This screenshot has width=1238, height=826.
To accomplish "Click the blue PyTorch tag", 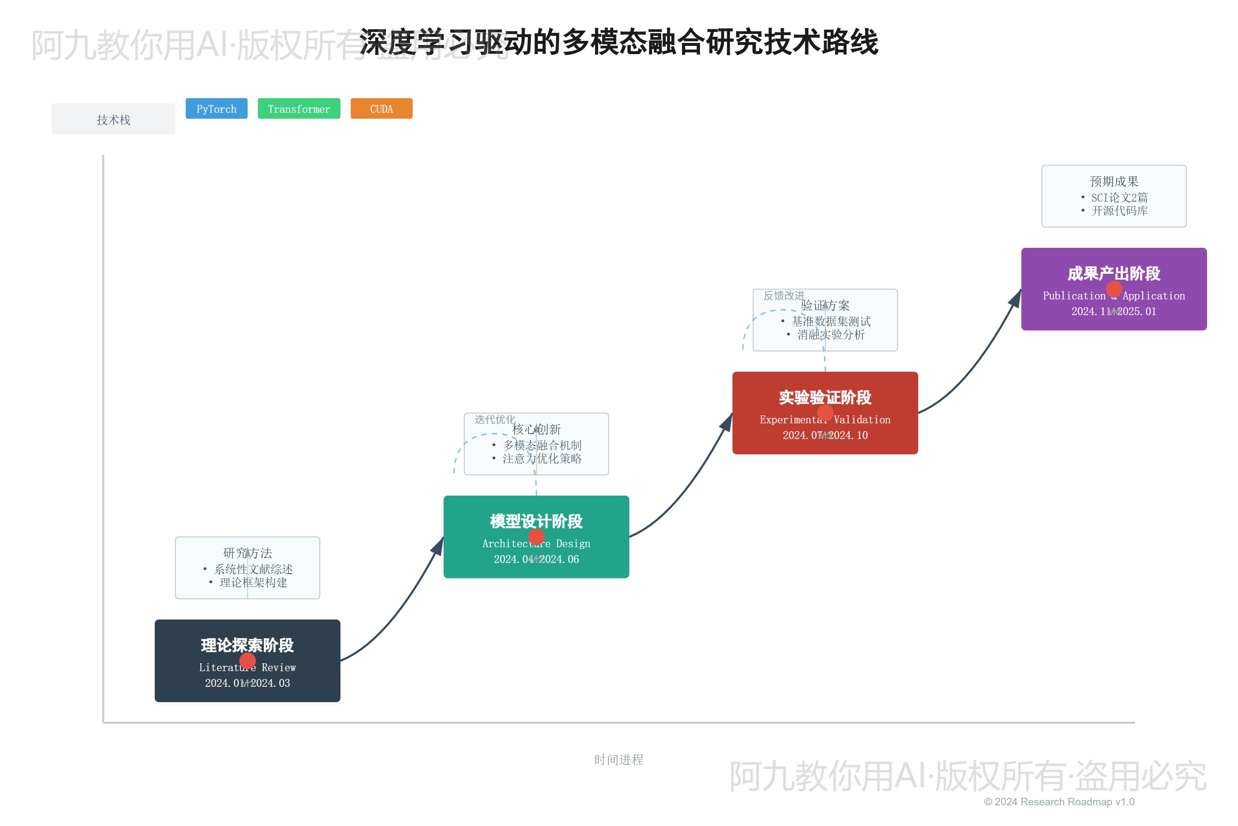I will coord(216,109).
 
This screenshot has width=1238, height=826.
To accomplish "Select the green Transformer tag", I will coord(299,109).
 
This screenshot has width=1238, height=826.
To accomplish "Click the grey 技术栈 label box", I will coord(113,119).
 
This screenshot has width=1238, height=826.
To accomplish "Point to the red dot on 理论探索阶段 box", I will coord(247,660).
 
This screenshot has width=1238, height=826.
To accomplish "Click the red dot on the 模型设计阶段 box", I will coord(536,537).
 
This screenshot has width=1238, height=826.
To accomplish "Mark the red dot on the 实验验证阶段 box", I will coord(825,413).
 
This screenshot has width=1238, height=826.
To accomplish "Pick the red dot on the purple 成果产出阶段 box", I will coord(1114,289).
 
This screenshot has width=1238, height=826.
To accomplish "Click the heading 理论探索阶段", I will coord(247,645).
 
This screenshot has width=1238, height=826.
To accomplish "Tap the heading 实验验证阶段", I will coord(825,397).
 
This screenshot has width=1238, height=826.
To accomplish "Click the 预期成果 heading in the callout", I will coord(1114,181).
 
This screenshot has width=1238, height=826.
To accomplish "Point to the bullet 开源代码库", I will coord(1119,211).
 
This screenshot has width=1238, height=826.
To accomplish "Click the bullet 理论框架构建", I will coord(253,582).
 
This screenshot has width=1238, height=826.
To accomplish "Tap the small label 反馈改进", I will coord(784,296).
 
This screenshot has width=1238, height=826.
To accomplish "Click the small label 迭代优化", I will coord(495,419).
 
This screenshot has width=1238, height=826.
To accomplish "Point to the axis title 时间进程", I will coord(619,760).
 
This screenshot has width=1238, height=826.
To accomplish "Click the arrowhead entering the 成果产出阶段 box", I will coord(1015,299).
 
